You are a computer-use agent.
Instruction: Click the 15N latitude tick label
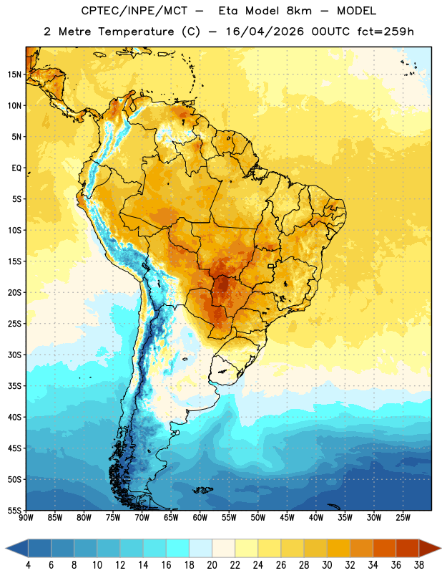(14, 74)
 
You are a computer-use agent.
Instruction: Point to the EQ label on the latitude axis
(16, 168)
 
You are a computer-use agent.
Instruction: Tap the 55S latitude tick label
(14, 510)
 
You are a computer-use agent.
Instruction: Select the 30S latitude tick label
(14, 355)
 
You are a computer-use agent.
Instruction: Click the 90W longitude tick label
(26, 518)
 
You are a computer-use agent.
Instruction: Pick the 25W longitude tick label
(403, 518)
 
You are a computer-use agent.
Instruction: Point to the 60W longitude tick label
(200, 518)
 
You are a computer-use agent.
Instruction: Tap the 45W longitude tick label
(287, 518)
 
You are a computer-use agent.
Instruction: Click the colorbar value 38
(419, 565)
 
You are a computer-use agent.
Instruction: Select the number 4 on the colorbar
(28, 565)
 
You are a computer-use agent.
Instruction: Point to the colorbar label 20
(212, 565)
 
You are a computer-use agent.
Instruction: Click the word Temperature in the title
(136, 32)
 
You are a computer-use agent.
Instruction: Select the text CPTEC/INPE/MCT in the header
(134, 11)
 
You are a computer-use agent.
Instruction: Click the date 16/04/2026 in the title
(265, 32)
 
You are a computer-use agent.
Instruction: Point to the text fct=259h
(385, 32)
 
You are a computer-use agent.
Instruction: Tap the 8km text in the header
(299, 11)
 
